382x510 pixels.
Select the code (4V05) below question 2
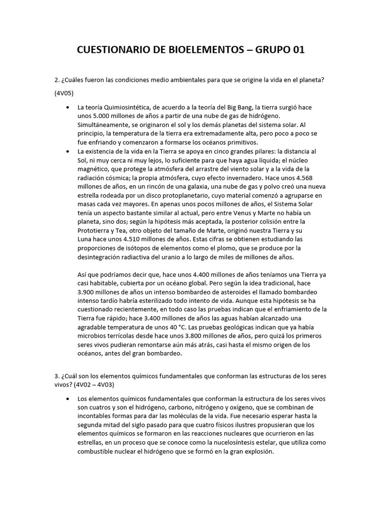66,93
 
